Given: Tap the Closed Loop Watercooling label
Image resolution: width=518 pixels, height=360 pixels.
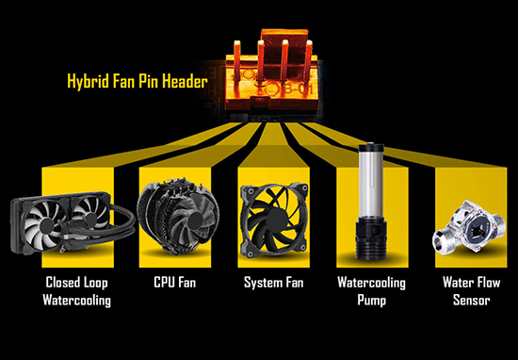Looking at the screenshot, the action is click(x=76, y=291).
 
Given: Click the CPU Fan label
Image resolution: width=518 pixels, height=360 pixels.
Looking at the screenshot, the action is click(x=175, y=283).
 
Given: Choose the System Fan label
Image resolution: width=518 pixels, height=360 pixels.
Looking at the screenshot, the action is click(x=273, y=283).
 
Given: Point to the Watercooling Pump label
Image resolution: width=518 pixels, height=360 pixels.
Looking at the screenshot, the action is click(x=372, y=291).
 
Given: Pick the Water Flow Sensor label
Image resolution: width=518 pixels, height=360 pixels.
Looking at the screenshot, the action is click(x=472, y=291).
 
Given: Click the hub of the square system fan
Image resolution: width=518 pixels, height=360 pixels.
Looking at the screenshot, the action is click(x=274, y=220).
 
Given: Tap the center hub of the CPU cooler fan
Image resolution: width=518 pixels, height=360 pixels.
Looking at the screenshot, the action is click(x=194, y=220).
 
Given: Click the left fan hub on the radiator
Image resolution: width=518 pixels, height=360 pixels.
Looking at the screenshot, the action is click(x=46, y=225).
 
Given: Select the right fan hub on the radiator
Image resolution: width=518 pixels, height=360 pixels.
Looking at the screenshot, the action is click(x=89, y=219).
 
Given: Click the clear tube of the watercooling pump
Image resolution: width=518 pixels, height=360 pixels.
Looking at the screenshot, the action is click(x=371, y=186).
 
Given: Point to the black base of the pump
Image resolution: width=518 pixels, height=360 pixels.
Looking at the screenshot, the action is click(x=371, y=240).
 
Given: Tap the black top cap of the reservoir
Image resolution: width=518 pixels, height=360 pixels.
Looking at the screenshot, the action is click(x=371, y=147).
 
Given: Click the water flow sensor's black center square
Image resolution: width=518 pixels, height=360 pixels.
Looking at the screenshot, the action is click(x=477, y=230).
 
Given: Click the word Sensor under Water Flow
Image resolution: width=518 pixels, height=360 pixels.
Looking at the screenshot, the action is click(x=472, y=301).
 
